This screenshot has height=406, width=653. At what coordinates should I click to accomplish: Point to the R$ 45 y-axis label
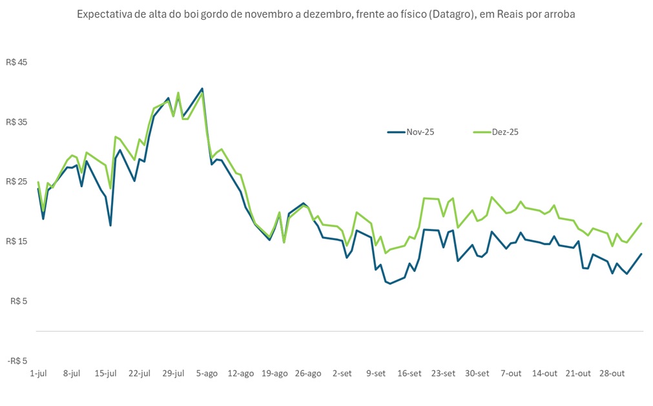[x=17, y=63]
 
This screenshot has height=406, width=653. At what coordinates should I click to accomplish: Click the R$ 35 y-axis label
[x=17, y=122]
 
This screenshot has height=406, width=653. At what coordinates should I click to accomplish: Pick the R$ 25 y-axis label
[x=17, y=181]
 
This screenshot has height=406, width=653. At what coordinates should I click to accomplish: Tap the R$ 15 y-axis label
[x=17, y=241]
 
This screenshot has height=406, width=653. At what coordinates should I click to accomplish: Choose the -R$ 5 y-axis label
[x=18, y=361]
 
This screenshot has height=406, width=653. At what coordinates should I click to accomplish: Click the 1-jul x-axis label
[x=38, y=373]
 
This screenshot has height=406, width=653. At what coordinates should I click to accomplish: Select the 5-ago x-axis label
[x=207, y=373]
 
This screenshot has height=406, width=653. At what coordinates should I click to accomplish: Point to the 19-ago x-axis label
[x=275, y=373]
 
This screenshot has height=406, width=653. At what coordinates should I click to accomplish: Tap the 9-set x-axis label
[x=375, y=373]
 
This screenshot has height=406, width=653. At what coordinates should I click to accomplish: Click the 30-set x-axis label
[x=477, y=373]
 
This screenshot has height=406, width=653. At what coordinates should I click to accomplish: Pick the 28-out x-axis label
[x=612, y=373]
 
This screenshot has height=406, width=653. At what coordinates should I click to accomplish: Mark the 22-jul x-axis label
[x=140, y=373]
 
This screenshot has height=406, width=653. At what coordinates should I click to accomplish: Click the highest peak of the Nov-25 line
[x=202, y=88]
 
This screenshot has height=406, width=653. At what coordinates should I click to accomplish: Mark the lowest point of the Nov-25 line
[x=389, y=283]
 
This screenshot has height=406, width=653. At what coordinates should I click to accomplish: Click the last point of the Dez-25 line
[x=641, y=223]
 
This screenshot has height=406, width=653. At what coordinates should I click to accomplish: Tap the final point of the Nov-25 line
[x=641, y=254]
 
